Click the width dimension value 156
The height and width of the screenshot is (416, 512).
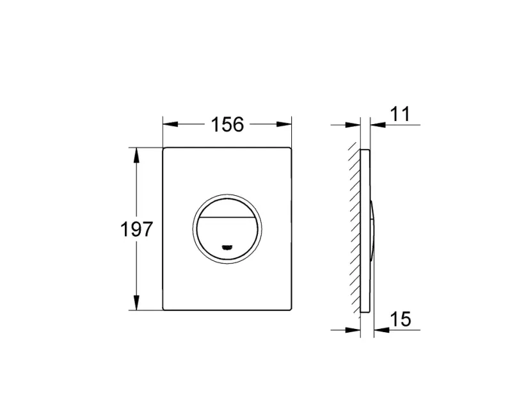(x=227, y=124)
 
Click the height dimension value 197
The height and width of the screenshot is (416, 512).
(x=136, y=229)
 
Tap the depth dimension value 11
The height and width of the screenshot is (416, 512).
(x=400, y=114)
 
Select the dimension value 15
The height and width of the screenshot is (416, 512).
(x=401, y=319)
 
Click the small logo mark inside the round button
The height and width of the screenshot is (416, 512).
(x=227, y=247)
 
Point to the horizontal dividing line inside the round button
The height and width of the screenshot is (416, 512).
(x=227, y=217)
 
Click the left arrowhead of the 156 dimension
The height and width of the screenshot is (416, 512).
(x=170, y=124)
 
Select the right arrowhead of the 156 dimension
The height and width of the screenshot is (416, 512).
(x=284, y=124)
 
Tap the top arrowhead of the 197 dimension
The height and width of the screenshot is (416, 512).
(x=136, y=155)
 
